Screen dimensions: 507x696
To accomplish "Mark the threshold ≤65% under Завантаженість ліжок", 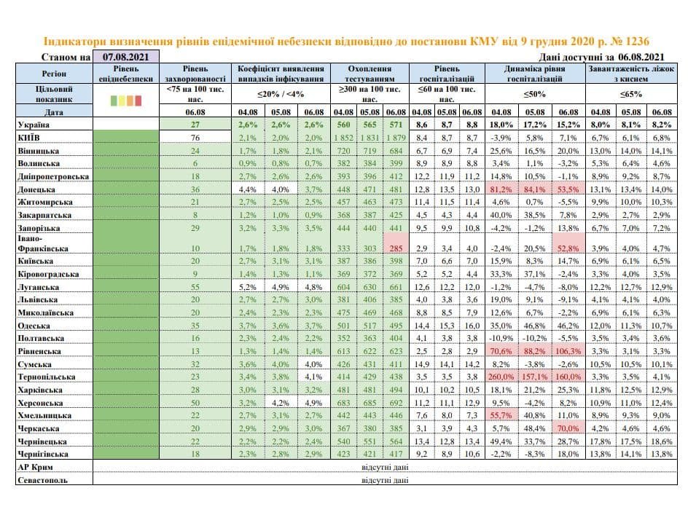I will coord(630,94).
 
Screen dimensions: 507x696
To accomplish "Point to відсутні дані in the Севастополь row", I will coord(380,480).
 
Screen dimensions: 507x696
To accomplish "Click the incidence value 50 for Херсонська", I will coord(195,402).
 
